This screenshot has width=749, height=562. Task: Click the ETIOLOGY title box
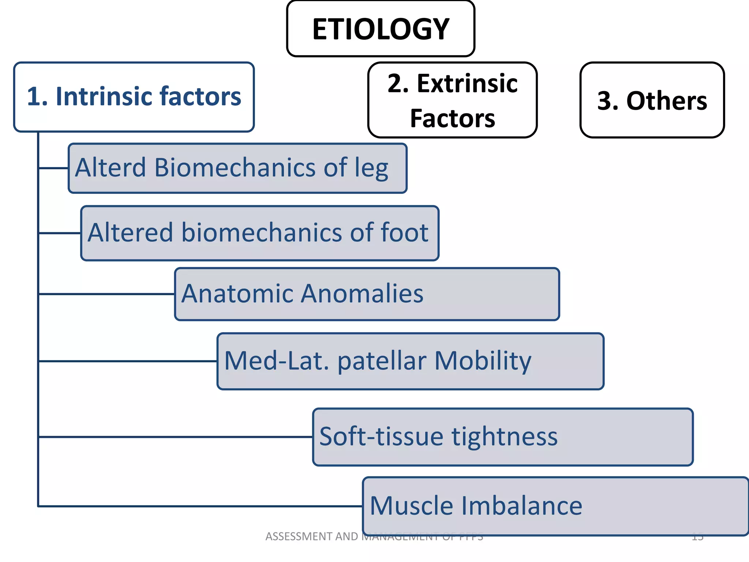click(x=381, y=29)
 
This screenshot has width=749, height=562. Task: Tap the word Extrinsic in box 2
click(x=467, y=83)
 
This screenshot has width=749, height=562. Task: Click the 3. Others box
click(x=652, y=100)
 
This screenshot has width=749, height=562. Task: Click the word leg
click(x=371, y=168)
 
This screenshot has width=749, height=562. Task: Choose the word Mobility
click(x=483, y=361)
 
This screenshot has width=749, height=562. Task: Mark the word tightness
click(x=504, y=437)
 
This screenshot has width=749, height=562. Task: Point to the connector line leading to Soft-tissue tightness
click(x=176, y=437)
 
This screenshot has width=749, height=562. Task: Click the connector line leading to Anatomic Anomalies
click(x=106, y=294)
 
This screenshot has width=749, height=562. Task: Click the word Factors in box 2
click(x=452, y=119)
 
